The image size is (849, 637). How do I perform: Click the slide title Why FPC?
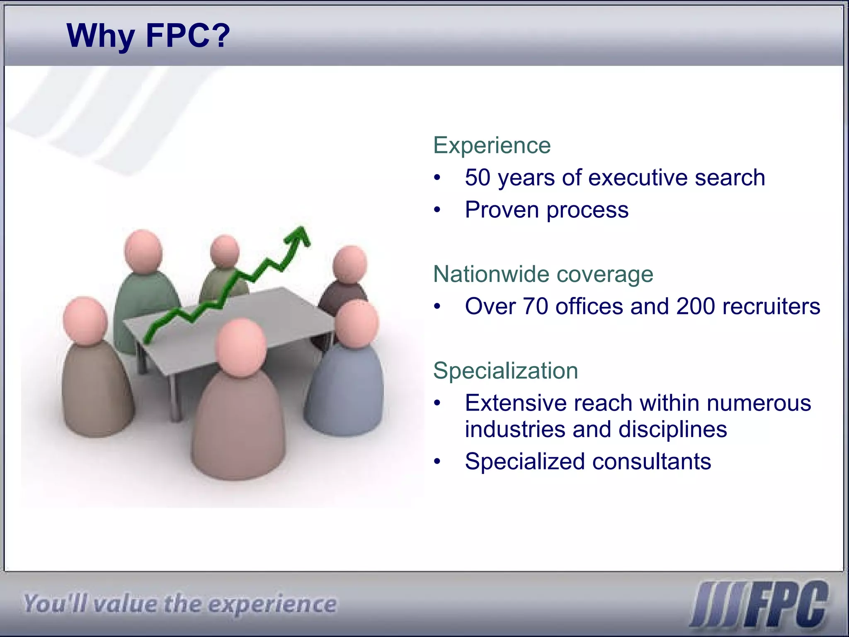pos(148,36)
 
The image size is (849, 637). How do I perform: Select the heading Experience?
pos(492,146)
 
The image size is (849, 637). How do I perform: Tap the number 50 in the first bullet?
pos(478,177)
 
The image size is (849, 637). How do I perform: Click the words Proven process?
pos(546,210)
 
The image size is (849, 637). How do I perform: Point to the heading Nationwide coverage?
pos(543,274)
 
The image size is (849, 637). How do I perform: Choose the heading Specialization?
pos(505,371)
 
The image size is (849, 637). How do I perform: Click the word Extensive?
pos(515,403)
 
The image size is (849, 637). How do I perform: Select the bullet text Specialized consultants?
pos(588,462)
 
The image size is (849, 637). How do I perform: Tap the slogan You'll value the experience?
pos(180,604)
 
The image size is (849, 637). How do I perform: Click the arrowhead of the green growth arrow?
pos(299,236)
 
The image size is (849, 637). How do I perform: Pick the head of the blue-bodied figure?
pos(357,324)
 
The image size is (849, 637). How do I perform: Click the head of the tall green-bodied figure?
pos(143,252)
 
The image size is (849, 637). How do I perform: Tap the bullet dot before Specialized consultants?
pos(437,462)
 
